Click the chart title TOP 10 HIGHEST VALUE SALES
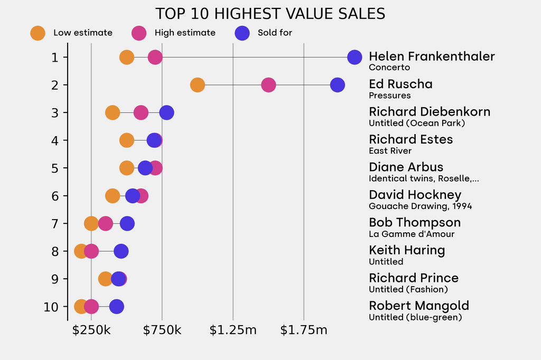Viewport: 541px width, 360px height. [270, 14]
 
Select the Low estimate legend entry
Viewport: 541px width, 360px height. [71, 33]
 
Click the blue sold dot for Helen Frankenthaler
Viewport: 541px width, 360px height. [355, 57]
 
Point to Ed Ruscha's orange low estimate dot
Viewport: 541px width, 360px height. [197, 84]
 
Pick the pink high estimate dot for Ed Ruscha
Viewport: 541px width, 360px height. [268, 84]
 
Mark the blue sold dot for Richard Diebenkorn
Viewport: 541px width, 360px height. [167, 112]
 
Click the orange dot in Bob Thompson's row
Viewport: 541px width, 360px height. [91, 223]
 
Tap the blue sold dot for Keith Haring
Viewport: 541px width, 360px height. [121, 251]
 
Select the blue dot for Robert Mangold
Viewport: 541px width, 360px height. [116, 307]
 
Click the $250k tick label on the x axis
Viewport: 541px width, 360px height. [91, 331]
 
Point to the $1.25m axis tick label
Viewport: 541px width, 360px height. [233, 331]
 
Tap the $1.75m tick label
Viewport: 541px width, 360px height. [304, 331]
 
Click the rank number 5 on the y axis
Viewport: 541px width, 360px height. [55, 168]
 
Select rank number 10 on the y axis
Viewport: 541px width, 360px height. [51, 307]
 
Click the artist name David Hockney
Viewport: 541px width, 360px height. [415, 195]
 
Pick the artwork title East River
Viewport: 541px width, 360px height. [390, 151]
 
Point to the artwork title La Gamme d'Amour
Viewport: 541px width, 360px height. [412, 234]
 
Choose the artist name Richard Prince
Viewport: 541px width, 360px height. [414, 278]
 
